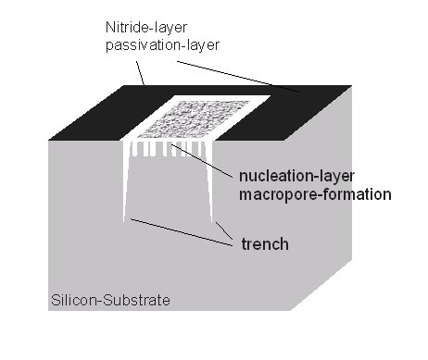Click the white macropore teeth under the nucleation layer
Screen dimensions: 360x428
click(x=167, y=148)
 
